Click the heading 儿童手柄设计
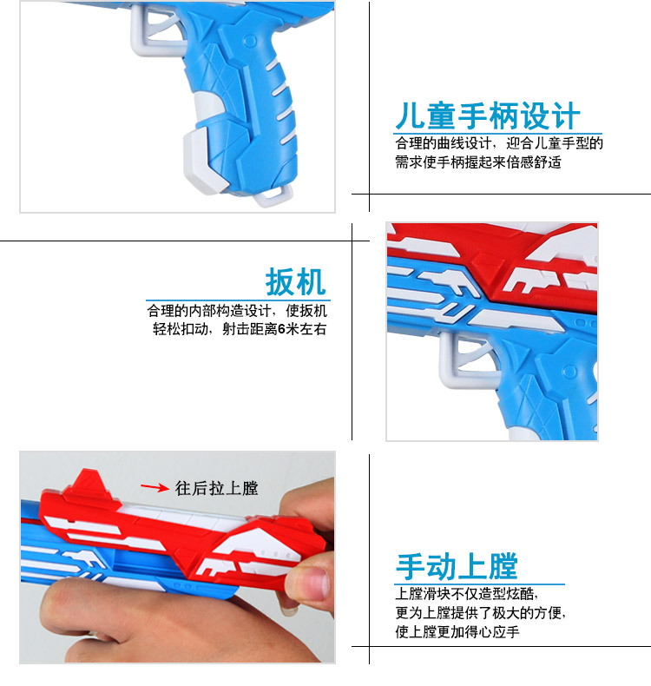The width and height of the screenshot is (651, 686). point(488,116)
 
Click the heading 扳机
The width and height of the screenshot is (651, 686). point(295,282)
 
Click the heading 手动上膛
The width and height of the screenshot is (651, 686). point(457,566)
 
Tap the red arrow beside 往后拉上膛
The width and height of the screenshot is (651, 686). point(155,487)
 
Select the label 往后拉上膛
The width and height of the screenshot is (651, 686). point(216,488)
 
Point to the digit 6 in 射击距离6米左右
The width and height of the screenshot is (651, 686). point(281,328)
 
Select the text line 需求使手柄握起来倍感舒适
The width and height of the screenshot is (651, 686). point(478,162)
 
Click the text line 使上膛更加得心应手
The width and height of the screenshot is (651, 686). point(457,631)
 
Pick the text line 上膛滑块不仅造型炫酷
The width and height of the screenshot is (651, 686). point(466,594)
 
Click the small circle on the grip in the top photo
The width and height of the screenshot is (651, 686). point(250,41)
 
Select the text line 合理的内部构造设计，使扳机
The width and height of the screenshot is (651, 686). point(237,310)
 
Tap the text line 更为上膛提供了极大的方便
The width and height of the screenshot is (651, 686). point(481,612)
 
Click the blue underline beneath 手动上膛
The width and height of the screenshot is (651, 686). point(479,584)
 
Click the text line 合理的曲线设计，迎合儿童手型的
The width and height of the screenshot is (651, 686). point(499,143)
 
